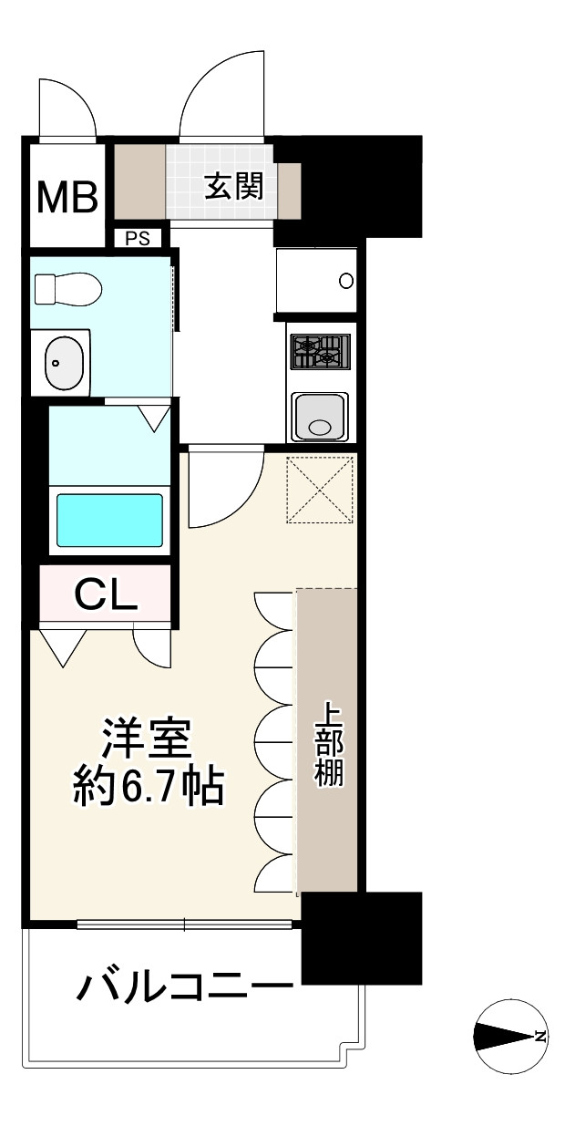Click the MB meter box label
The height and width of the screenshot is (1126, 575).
(x=67, y=197)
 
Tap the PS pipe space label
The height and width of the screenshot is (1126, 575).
(x=138, y=239)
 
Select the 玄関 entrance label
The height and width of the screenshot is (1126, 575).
(x=233, y=187)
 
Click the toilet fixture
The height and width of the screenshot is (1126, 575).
(x=68, y=289)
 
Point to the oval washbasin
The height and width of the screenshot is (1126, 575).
(x=63, y=363)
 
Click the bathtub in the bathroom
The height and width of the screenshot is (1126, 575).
(x=109, y=521)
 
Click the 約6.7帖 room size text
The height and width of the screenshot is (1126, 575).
(x=149, y=787)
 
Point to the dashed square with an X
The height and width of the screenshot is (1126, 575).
(x=320, y=489)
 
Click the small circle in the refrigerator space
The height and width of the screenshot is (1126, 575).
(x=346, y=281)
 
